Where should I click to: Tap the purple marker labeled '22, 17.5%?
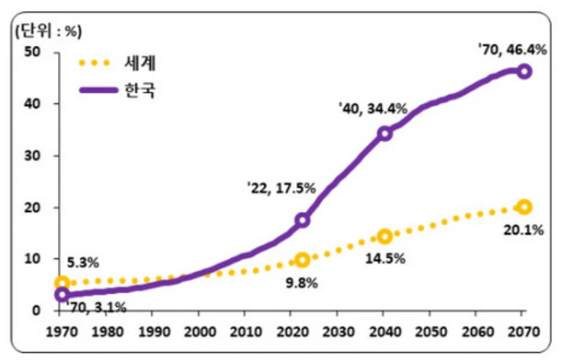coord(303,220)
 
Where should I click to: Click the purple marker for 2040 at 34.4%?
coord(385,134)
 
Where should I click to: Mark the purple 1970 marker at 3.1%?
coord(62,295)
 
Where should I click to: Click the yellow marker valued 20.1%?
coord(524,207)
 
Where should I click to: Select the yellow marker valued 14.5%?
coord(385,236)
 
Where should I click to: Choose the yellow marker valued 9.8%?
coord(303,260)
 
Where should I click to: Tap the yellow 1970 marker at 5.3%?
coord(62,283)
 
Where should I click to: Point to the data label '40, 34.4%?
coord(373,108)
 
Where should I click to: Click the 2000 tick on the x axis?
coord(197,333)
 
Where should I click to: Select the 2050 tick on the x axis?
coord(429,333)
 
